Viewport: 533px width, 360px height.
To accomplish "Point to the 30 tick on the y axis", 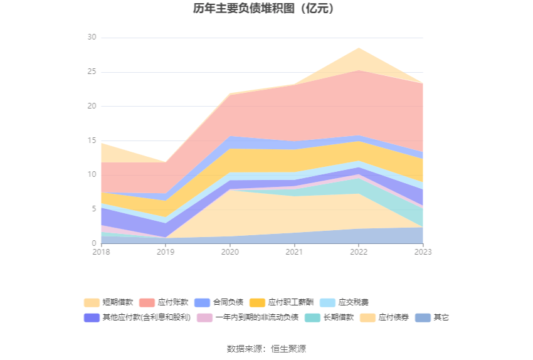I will pyautogui.click(x=92, y=38).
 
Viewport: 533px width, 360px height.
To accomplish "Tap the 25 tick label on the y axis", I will pyautogui.click(x=92, y=72).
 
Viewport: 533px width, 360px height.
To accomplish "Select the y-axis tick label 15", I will pyautogui.click(x=92, y=140).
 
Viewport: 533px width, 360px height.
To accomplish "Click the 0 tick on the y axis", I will pyautogui.click(x=94, y=243).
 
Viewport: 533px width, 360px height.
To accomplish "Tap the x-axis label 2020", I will pyautogui.click(x=230, y=252).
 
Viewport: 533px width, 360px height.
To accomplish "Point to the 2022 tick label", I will pyautogui.click(x=358, y=252).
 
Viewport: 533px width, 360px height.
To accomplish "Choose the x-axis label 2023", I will pyautogui.click(x=423, y=252).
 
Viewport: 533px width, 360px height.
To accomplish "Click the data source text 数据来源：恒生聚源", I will pyautogui.click(x=266, y=349).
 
